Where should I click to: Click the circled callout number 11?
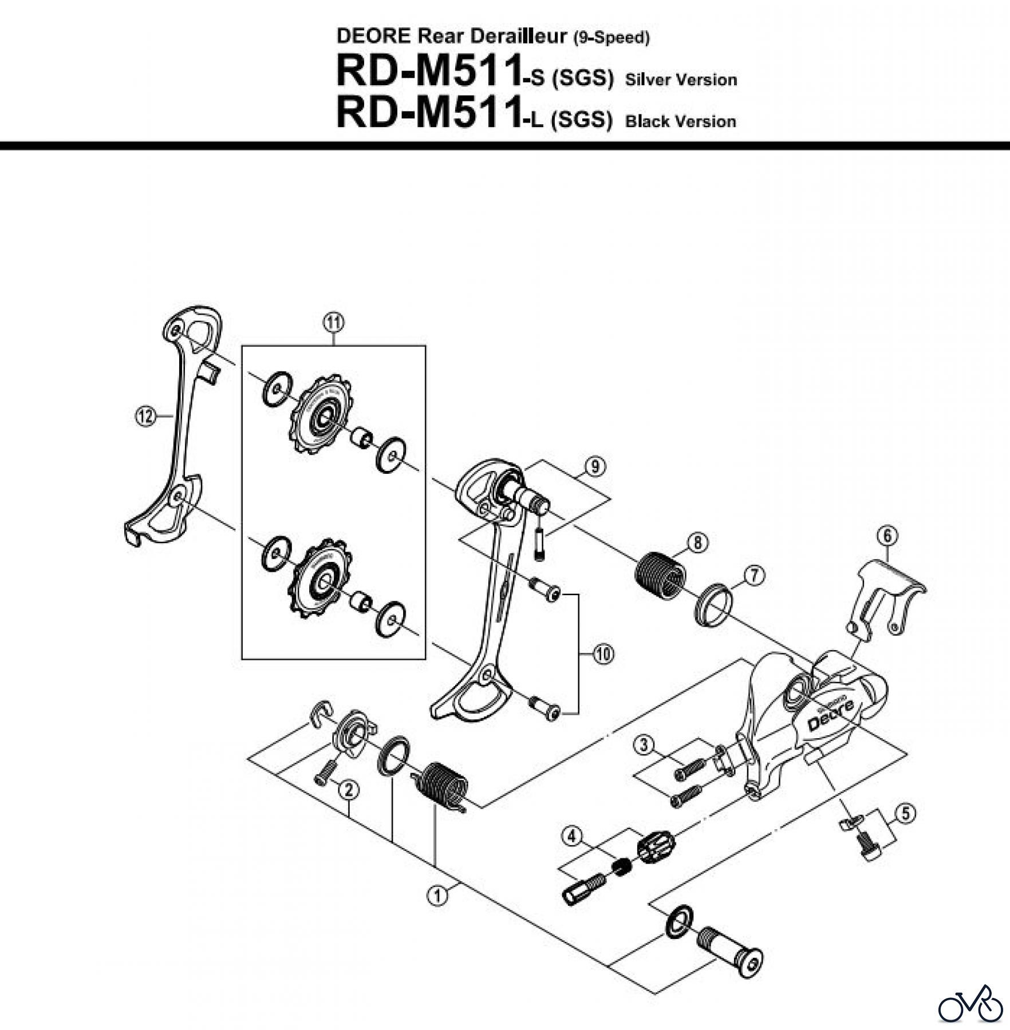(333, 323)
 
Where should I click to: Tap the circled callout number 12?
(145, 416)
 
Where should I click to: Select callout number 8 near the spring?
(697, 542)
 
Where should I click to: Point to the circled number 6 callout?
(887, 536)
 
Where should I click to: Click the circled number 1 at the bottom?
(438, 895)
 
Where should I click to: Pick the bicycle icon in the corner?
(970, 1004)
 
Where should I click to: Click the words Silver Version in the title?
(681, 80)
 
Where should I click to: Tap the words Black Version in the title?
(680, 121)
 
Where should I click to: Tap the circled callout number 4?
(571, 837)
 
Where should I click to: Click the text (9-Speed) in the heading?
(611, 38)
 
